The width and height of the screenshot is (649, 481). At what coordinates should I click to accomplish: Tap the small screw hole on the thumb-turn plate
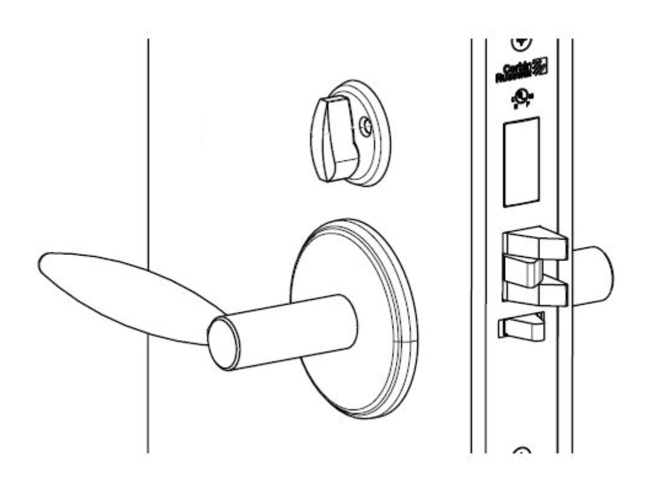[366, 127]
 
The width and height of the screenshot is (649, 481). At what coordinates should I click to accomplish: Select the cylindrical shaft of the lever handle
[294, 331]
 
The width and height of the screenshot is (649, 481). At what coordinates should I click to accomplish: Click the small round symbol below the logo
[520, 99]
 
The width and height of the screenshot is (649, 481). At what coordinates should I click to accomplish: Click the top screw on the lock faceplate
[521, 43]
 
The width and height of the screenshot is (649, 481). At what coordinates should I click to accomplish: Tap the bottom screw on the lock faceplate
[521, 452]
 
